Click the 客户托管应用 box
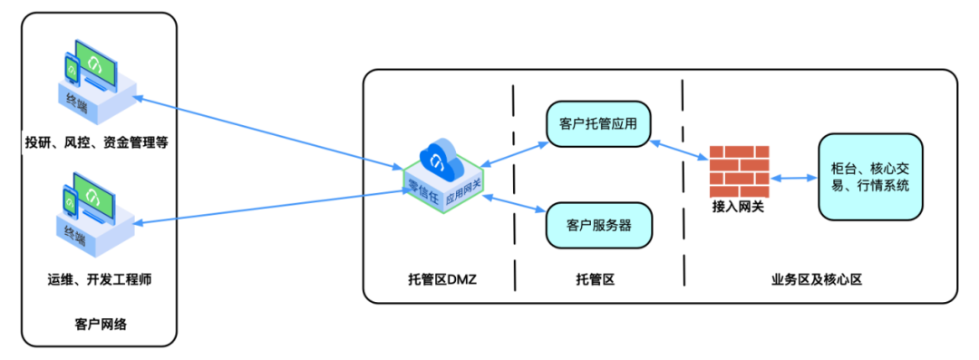(x=599, y=124)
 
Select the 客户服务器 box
(x=599, y=224)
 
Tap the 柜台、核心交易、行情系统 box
(x=870, y=177)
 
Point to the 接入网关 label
(x=738, y=208)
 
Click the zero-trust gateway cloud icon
(x=444, y=172)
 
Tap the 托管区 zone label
(x=596, y=279)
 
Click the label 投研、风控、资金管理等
(x=97, y=142)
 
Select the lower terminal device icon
(x=93, y=218)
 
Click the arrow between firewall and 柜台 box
(x=792, y=179)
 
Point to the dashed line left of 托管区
(x=513, y=181)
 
